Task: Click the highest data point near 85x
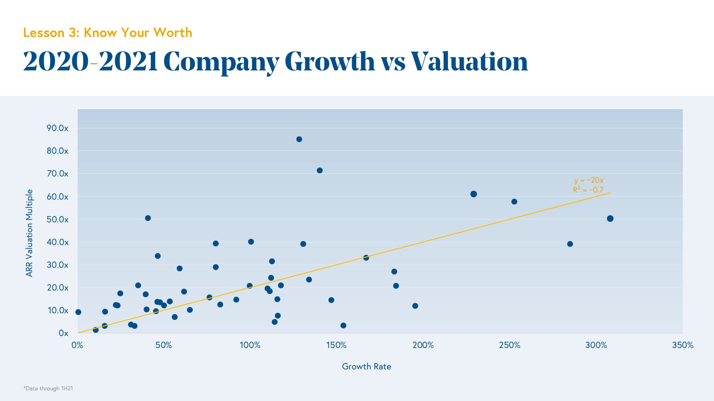[299, 139]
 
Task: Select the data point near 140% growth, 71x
[320, 171]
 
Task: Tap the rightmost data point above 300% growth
[610, 219]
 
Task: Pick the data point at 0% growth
[79, 312]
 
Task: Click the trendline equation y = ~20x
[589, 180]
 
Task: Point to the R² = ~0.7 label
[588, 190]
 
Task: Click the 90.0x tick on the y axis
[58, 128]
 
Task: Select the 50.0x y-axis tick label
[58, 220]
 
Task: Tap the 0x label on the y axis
[63, 333]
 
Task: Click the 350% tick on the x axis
[682, 345]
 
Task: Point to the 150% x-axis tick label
[336, 345]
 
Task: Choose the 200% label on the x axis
[423, 345]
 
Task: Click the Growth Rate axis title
[366, 367]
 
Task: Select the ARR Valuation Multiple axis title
[29, 233]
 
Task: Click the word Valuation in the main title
[469, 61]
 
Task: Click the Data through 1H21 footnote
[48, 389]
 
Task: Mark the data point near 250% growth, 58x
[514, 202]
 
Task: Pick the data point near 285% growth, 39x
[570, 244]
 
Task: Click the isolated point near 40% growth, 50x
[148, 218]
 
